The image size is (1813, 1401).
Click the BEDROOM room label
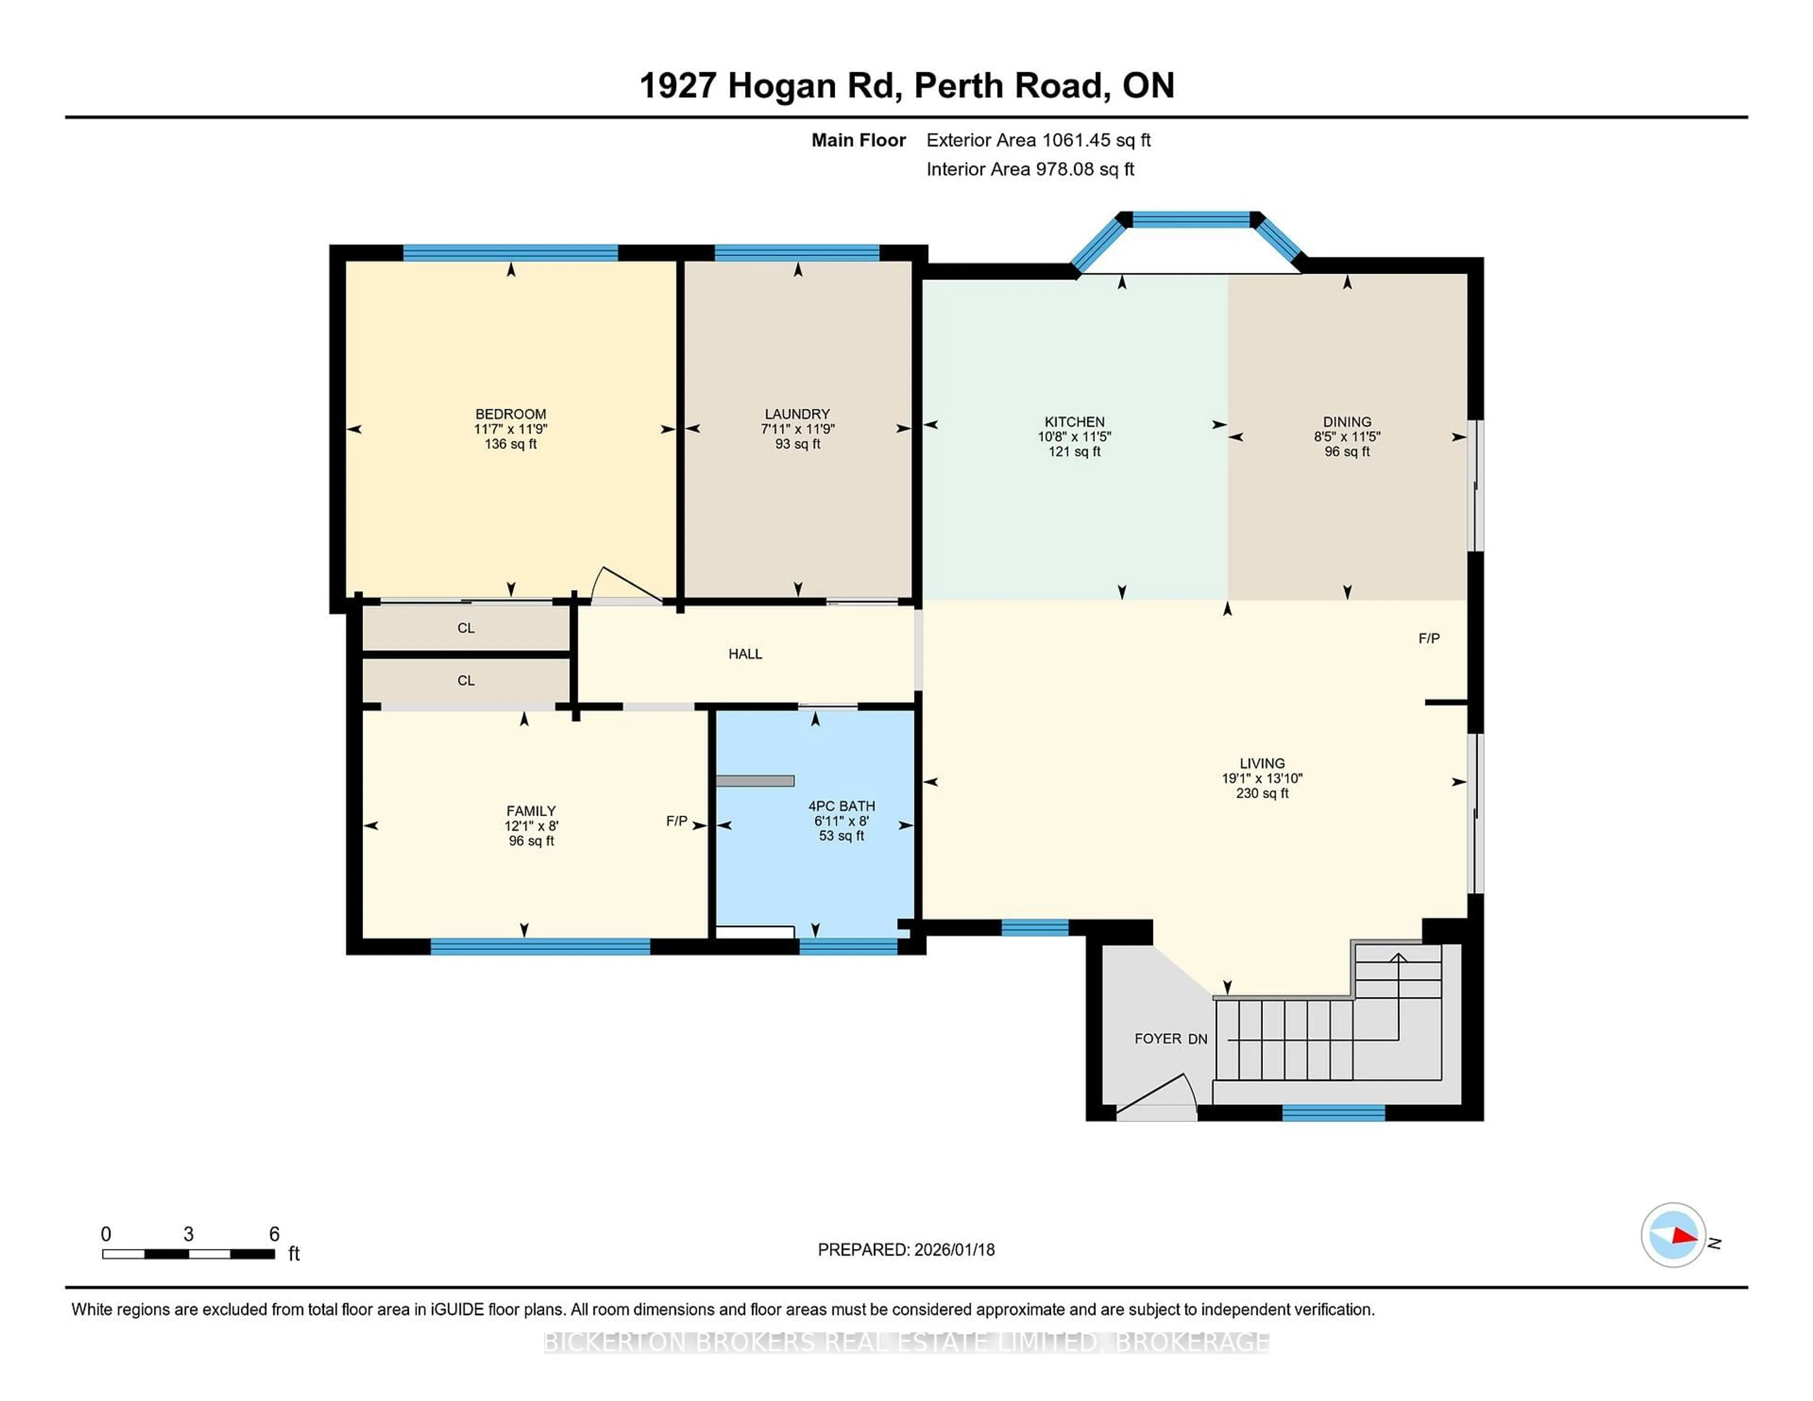click(x=510, y=414)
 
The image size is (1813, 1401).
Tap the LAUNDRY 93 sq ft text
click(x=797, y=444)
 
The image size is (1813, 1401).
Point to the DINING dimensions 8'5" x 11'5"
click(x=1347, y=437)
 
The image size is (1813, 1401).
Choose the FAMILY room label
click(x=531, y=811)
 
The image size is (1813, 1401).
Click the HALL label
click(x=745, y=654)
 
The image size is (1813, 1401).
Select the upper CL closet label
click(x=466, y=628)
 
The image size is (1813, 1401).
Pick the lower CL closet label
click(x=466, y=681)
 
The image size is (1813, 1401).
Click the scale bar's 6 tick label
click(x=274, y=1234)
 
